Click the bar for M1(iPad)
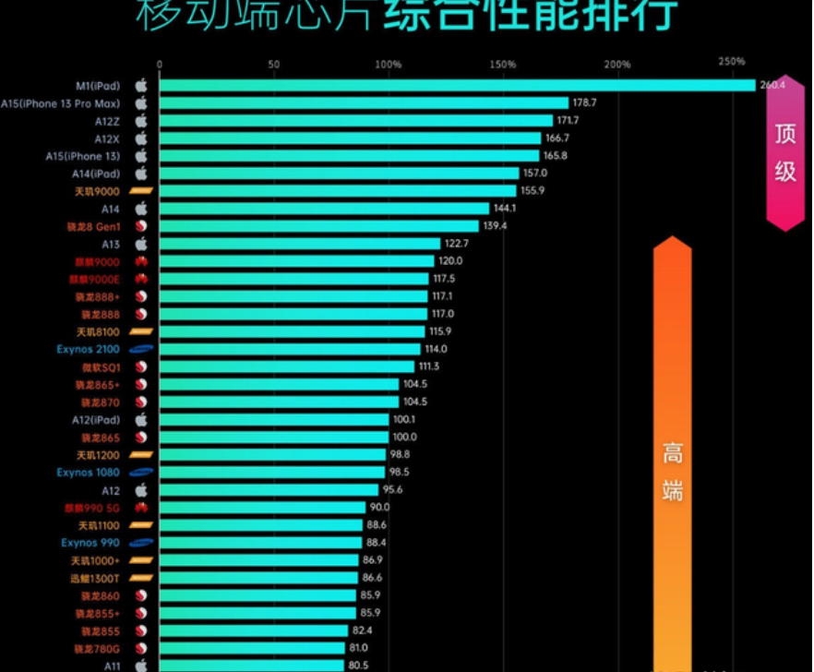[x=457, y=86]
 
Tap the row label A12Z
[x=107, y=121]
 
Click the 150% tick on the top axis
[x=503, y=65]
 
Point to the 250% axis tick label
[x=731, y=62]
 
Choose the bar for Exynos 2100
[x=289, y=349]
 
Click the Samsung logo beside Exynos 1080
[x=141, y=473]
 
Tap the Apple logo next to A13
[x=141, y=244]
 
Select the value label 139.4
[x=496, y=226]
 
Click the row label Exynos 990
[x=90, y=543]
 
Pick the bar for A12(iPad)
[x=273, y=420]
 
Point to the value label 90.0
[x=380, y=508]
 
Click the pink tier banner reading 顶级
[x=784, y=153]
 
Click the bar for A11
[x=251, y=665]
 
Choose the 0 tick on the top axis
[x=160, y=65]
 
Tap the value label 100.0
[x=404, y=438]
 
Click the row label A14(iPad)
[x=96, y=174]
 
